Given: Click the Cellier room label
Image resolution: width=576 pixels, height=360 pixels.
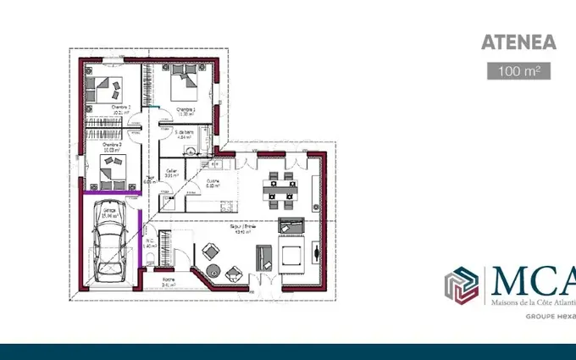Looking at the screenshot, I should [172, 172].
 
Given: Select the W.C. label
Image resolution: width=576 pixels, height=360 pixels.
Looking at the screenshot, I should [149, 242].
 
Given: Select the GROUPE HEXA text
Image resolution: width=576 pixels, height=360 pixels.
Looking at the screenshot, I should [550, 314].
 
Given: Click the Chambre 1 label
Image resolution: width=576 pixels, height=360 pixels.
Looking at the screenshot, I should [185, 110].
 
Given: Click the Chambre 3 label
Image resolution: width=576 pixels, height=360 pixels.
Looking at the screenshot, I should [112, 146].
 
